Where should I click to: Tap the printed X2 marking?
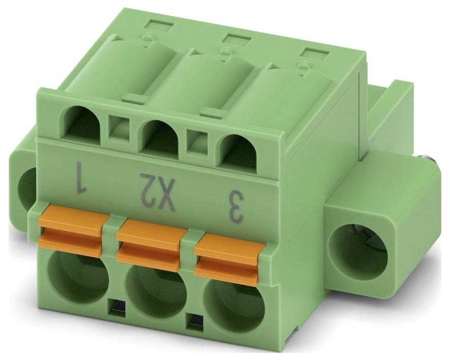158,191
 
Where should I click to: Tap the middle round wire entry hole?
157,290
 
